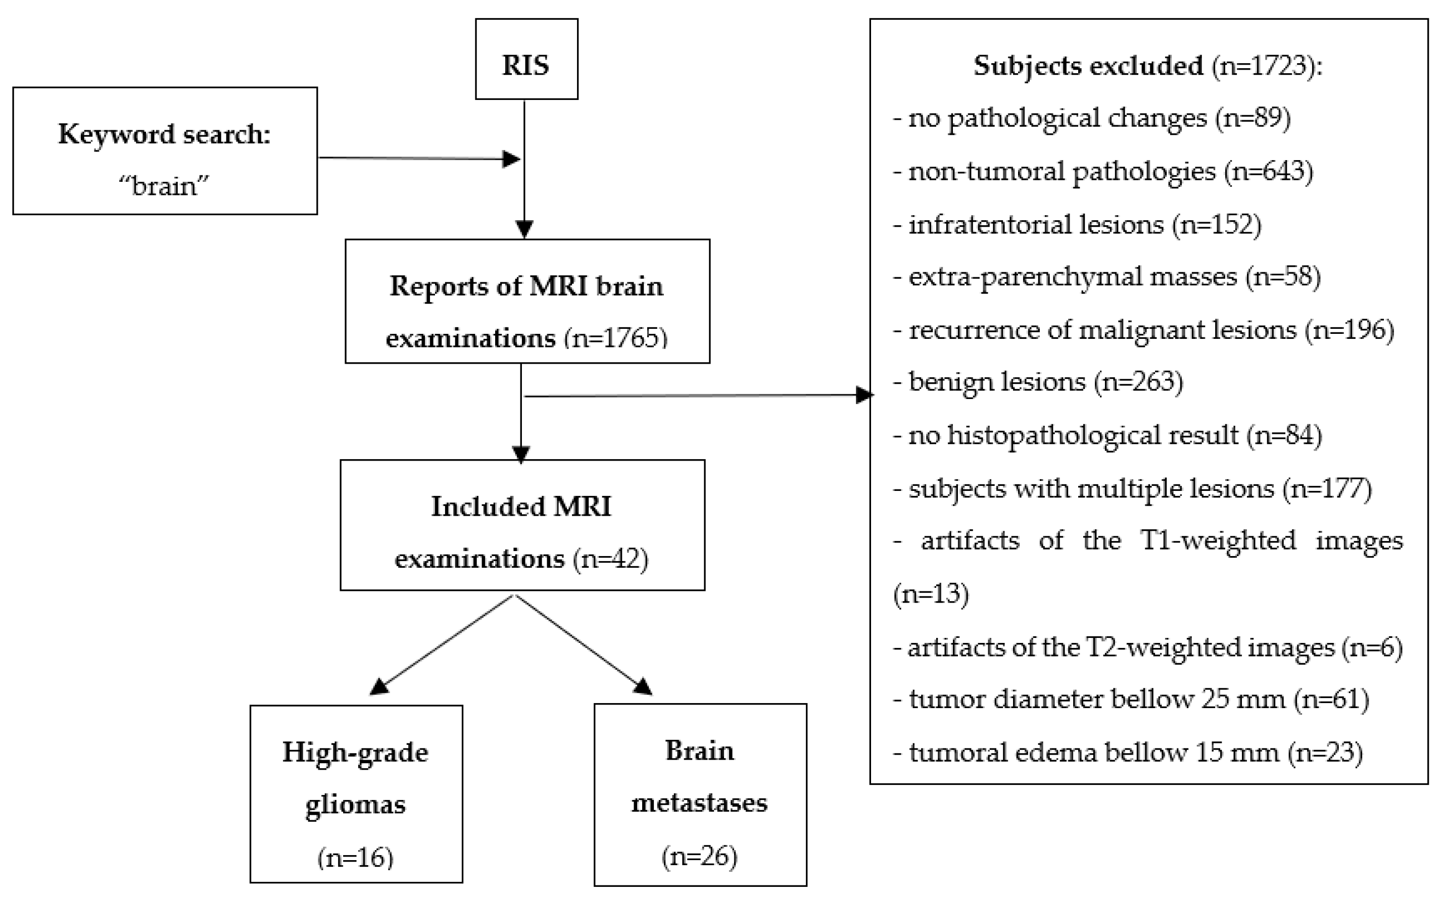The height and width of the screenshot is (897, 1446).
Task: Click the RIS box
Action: tap(526, 59)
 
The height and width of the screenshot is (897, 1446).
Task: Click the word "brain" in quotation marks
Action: tap(164, 186)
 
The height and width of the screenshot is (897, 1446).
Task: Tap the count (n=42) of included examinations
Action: tap(610, 559)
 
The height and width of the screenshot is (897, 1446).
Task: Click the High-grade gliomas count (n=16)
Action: tap(355, 857)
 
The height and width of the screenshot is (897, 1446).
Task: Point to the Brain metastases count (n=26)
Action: tap(700, 856)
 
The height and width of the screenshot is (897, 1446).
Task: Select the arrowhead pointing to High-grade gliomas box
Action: tap(378, 686)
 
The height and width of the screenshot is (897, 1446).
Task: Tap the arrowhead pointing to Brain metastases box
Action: tap(643, 686)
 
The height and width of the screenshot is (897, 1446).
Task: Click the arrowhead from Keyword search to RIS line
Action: tap(511, 159)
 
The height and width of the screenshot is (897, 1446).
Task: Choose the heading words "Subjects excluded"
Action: tap(1088, 66)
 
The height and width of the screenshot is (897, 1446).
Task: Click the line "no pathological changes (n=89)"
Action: tap(1092, 119)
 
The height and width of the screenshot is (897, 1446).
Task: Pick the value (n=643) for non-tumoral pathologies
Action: tap(1268, 171)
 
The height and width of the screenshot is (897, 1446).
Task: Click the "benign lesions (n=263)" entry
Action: tap(1038, 381)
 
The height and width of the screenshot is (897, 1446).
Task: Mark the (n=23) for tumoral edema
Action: tap(1325, 752)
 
